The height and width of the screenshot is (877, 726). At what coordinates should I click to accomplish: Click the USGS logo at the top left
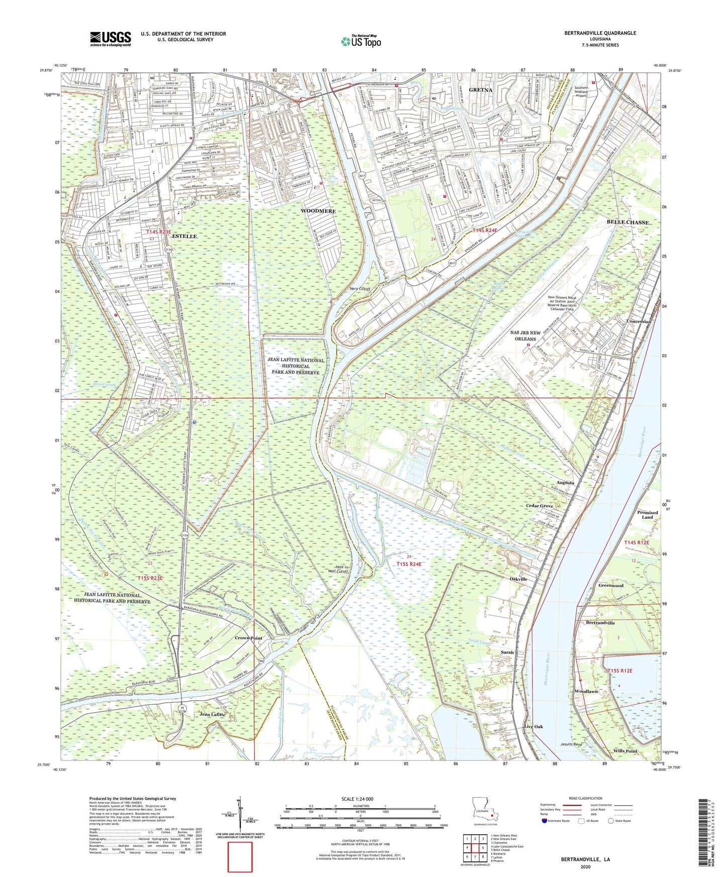pyautogui.click(x=111, y=39)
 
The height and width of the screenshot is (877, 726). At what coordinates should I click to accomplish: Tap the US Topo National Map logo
pyautogui.click(x=360, y=41)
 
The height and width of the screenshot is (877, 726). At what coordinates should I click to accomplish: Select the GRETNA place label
pyautogui.click(x=480, y=90)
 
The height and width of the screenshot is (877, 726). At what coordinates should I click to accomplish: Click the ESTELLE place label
pyautogui.click(x=184, y=236)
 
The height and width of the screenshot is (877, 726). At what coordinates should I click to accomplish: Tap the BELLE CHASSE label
pyautogui.click(x=628, y=222)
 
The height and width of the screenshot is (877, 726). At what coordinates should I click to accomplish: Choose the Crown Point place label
pyautogui.click(x=249, y=638)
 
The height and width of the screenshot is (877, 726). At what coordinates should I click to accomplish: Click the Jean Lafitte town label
pyautogui.click(x=213, y=714)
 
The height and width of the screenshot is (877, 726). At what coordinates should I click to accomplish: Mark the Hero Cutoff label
pyautogui.click(x=360, y=289)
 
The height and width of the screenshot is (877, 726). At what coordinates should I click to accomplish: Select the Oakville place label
pyautogui.click(x=518, y=579)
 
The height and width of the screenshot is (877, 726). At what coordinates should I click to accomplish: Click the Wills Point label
pyautogui.click(x=625, y=751)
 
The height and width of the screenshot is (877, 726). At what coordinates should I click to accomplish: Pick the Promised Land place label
pyautogui.click(x=647, y=515)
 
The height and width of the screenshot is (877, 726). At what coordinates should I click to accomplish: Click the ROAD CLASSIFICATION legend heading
pyautogui.click(x=585, y=798)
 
